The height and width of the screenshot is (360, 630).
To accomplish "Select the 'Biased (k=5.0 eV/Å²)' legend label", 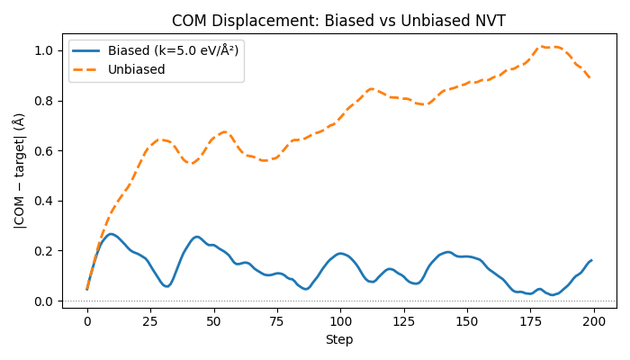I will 173,51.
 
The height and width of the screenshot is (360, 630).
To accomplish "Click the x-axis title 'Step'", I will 338,340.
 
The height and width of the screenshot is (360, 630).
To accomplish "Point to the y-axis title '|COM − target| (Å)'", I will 19,170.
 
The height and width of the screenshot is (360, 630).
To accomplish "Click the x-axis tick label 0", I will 87,321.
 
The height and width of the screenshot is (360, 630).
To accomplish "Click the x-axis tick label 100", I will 340,321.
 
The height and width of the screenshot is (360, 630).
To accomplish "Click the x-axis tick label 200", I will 593,321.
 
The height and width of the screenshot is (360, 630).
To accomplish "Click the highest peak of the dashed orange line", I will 544,46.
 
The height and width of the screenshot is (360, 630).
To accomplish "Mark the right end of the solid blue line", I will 591,260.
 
